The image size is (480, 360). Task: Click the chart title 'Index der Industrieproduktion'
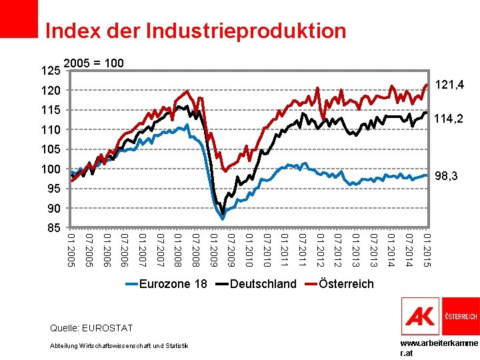point(195,31)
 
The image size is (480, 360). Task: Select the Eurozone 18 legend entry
point(167,284)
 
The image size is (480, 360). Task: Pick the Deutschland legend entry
point(256,284)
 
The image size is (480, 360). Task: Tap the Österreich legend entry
point(339,284)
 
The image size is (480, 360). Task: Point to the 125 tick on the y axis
point(51,71)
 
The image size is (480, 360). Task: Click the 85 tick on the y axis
point(54,228)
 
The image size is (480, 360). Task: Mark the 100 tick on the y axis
point(51,169)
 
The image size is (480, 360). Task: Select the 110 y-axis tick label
point(51,130)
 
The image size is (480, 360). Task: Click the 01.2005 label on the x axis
point(71,250)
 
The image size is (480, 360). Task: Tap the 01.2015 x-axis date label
point(427,250)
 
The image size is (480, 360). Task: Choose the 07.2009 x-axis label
point(231,250)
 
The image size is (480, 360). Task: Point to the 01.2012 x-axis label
point(321,250)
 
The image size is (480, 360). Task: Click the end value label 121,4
point(449,85)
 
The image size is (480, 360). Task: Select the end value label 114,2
point(449,119)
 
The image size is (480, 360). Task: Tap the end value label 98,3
point(446,176)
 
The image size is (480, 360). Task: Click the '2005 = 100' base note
point(94,63)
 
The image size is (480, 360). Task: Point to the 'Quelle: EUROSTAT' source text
point(91,328)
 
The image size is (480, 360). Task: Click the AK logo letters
point(420,317)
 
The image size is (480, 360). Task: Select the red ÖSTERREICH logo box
point(461,316)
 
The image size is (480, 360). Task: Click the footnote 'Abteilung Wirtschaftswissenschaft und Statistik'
point(119,346)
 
